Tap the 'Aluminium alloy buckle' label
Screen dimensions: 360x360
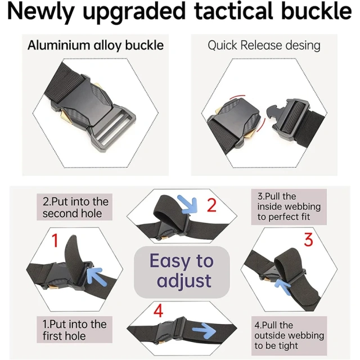point(95,46)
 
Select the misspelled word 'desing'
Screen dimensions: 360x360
point(302,46)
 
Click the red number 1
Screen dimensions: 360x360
point(55,241)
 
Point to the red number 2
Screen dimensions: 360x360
point(211,205)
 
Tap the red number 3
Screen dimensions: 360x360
point(308,240)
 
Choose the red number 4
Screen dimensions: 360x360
point(159,310)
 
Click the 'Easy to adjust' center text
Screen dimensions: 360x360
point(181,271)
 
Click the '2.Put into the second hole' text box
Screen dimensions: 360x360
point(75,208)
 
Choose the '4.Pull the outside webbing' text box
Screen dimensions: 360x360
point(289,335)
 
